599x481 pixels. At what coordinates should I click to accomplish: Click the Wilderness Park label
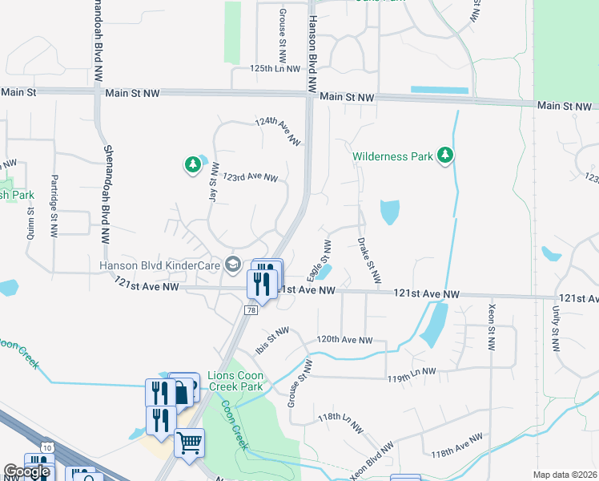point(393,156)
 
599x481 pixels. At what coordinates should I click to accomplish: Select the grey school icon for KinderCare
point(233,264)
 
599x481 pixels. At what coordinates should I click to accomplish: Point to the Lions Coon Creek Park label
point(235,381)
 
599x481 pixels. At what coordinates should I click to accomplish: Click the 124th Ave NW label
point(277,131)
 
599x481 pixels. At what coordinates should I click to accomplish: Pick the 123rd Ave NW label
point(250,176)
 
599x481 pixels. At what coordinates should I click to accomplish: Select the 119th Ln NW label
point(411,372)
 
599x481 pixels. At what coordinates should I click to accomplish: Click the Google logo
point(26,472)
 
